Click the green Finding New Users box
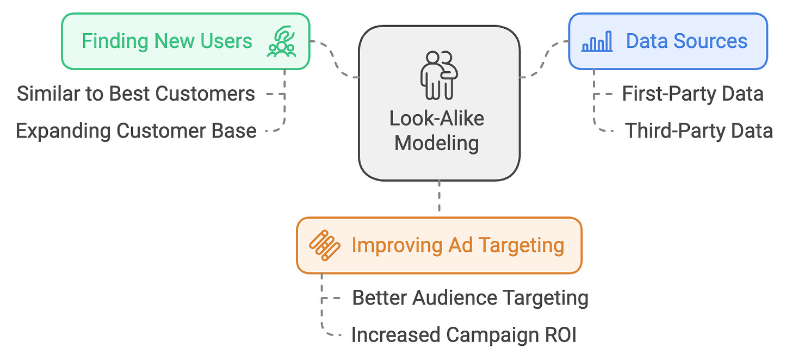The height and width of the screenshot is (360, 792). [185, 41]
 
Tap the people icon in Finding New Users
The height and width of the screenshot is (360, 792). [282, 42]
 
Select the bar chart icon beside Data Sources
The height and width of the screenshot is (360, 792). [597, 41]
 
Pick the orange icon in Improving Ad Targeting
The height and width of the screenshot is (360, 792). [325, 245]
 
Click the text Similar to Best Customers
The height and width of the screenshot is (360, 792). [136, 94]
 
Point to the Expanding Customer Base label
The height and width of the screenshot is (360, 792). [136, 131]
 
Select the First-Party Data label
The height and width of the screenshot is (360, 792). [692, 94]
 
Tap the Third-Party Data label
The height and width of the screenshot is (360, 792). [698, 131]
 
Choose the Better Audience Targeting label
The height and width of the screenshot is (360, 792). [470, 298]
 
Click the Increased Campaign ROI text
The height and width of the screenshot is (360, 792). [463, 335]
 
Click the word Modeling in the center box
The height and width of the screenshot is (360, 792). [437, 143]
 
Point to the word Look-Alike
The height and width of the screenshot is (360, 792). [437, 119]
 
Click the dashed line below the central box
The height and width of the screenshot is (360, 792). [439, 198]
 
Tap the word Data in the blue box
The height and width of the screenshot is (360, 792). [646, 41]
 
